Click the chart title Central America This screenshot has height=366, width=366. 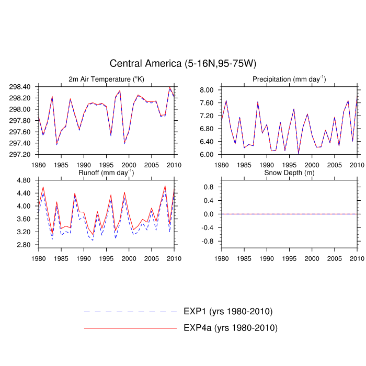tap(183, 64)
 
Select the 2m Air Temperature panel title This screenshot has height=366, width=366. tap(106, 79)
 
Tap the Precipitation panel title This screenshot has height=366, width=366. tap(289, 79)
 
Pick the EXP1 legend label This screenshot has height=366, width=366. tap(228, 312)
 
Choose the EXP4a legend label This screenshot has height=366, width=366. tap(230, 328)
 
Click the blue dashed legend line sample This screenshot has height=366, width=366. tap(131, 312)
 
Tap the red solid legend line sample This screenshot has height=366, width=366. tap(131, 328)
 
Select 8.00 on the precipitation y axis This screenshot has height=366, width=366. tap(208, 90)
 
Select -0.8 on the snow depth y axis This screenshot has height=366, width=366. tap(208, 242)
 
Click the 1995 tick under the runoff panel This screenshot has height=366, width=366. tap(107, 258)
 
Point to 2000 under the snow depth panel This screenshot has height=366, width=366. tap(312, 258)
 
